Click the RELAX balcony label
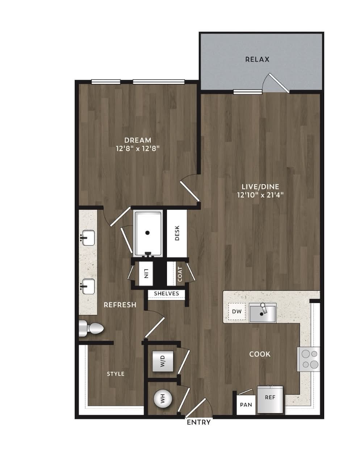pos(257,59)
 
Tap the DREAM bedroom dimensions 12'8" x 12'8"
pos(138,148)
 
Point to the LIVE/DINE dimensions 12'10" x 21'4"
pos(260,195)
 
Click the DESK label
pos(177,233)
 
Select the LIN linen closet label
pos(146,273)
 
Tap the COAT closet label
pos(180,274)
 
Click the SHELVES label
pos(167,293)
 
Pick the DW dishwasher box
pos(237,311)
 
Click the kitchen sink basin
pos(263,313)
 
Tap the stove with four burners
pos(308,359)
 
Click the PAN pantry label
pos(246,404)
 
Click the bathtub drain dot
pos(147,233)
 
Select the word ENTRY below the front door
pos(199,422)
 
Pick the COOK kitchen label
pos(260,354)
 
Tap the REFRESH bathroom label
pos(120,305)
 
